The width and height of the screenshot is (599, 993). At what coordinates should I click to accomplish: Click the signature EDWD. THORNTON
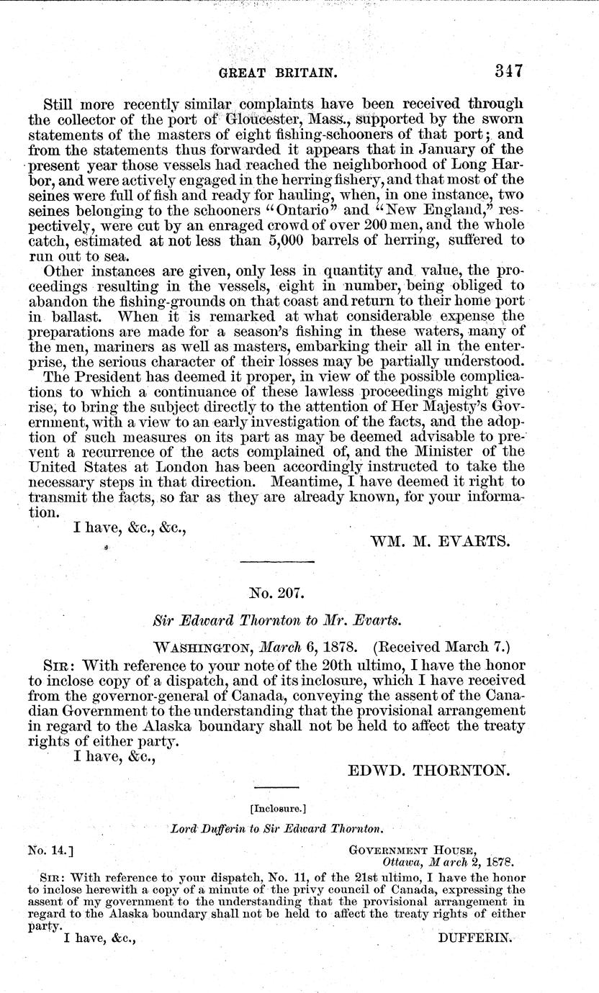pos(430,771)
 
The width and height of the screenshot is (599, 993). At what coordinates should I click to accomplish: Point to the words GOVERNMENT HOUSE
pos(412,850)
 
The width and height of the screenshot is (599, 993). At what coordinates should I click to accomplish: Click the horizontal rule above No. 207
pos(277,562)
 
